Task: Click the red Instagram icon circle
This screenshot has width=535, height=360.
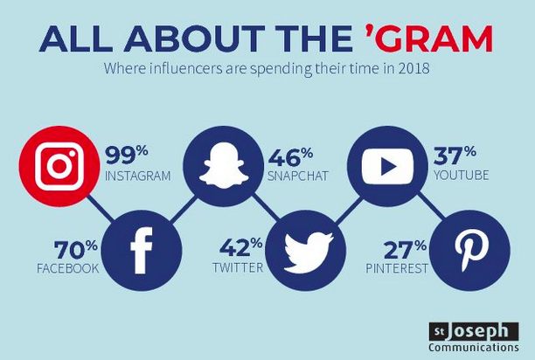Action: pos(59,166)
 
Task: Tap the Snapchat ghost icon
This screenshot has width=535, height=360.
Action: pos(224,165)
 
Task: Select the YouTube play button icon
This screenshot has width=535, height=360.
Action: pos(387,166)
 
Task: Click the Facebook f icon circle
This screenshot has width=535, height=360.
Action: pos(142,251)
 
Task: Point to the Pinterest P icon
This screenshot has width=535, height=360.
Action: pos(471,251)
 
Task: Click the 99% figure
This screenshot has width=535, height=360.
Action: pos(126,156)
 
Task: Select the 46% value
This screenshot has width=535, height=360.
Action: pos(290,157)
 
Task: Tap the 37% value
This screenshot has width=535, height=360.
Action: pos(455,156)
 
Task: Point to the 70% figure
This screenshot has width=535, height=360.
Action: pos(76,250)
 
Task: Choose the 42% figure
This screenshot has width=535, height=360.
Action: pos(241,247)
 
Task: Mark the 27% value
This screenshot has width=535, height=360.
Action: pos(405,250)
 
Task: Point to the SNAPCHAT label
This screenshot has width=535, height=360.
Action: pos(298,176)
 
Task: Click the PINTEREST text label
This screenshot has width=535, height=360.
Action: pos(397,268)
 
